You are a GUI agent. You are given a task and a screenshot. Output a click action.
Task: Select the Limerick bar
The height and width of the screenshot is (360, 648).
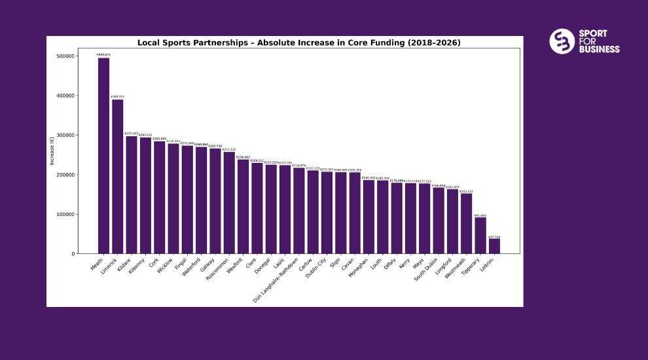pos(118,177)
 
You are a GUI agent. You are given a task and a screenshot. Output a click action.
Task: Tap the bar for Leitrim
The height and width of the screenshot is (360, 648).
pos(494,246)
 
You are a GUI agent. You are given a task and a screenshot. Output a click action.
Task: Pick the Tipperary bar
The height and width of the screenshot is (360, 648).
pos(480,236)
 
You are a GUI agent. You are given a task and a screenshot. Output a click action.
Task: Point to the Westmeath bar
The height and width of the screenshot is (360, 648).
pos(466,223)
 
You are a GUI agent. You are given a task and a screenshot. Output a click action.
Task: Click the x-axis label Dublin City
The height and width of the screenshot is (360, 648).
pos(317,269)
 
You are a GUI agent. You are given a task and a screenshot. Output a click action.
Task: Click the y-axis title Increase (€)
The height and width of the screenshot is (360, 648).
pos(52,154)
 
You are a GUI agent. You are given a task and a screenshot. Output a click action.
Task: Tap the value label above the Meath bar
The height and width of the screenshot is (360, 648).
pos(103,54)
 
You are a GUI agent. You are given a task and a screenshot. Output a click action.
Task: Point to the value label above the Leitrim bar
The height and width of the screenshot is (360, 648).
pos(494,237)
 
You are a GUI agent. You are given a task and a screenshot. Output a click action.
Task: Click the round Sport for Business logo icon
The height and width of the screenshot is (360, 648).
pos(562,41)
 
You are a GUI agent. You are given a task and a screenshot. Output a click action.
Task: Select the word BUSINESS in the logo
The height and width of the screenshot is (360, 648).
pos(599,49)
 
